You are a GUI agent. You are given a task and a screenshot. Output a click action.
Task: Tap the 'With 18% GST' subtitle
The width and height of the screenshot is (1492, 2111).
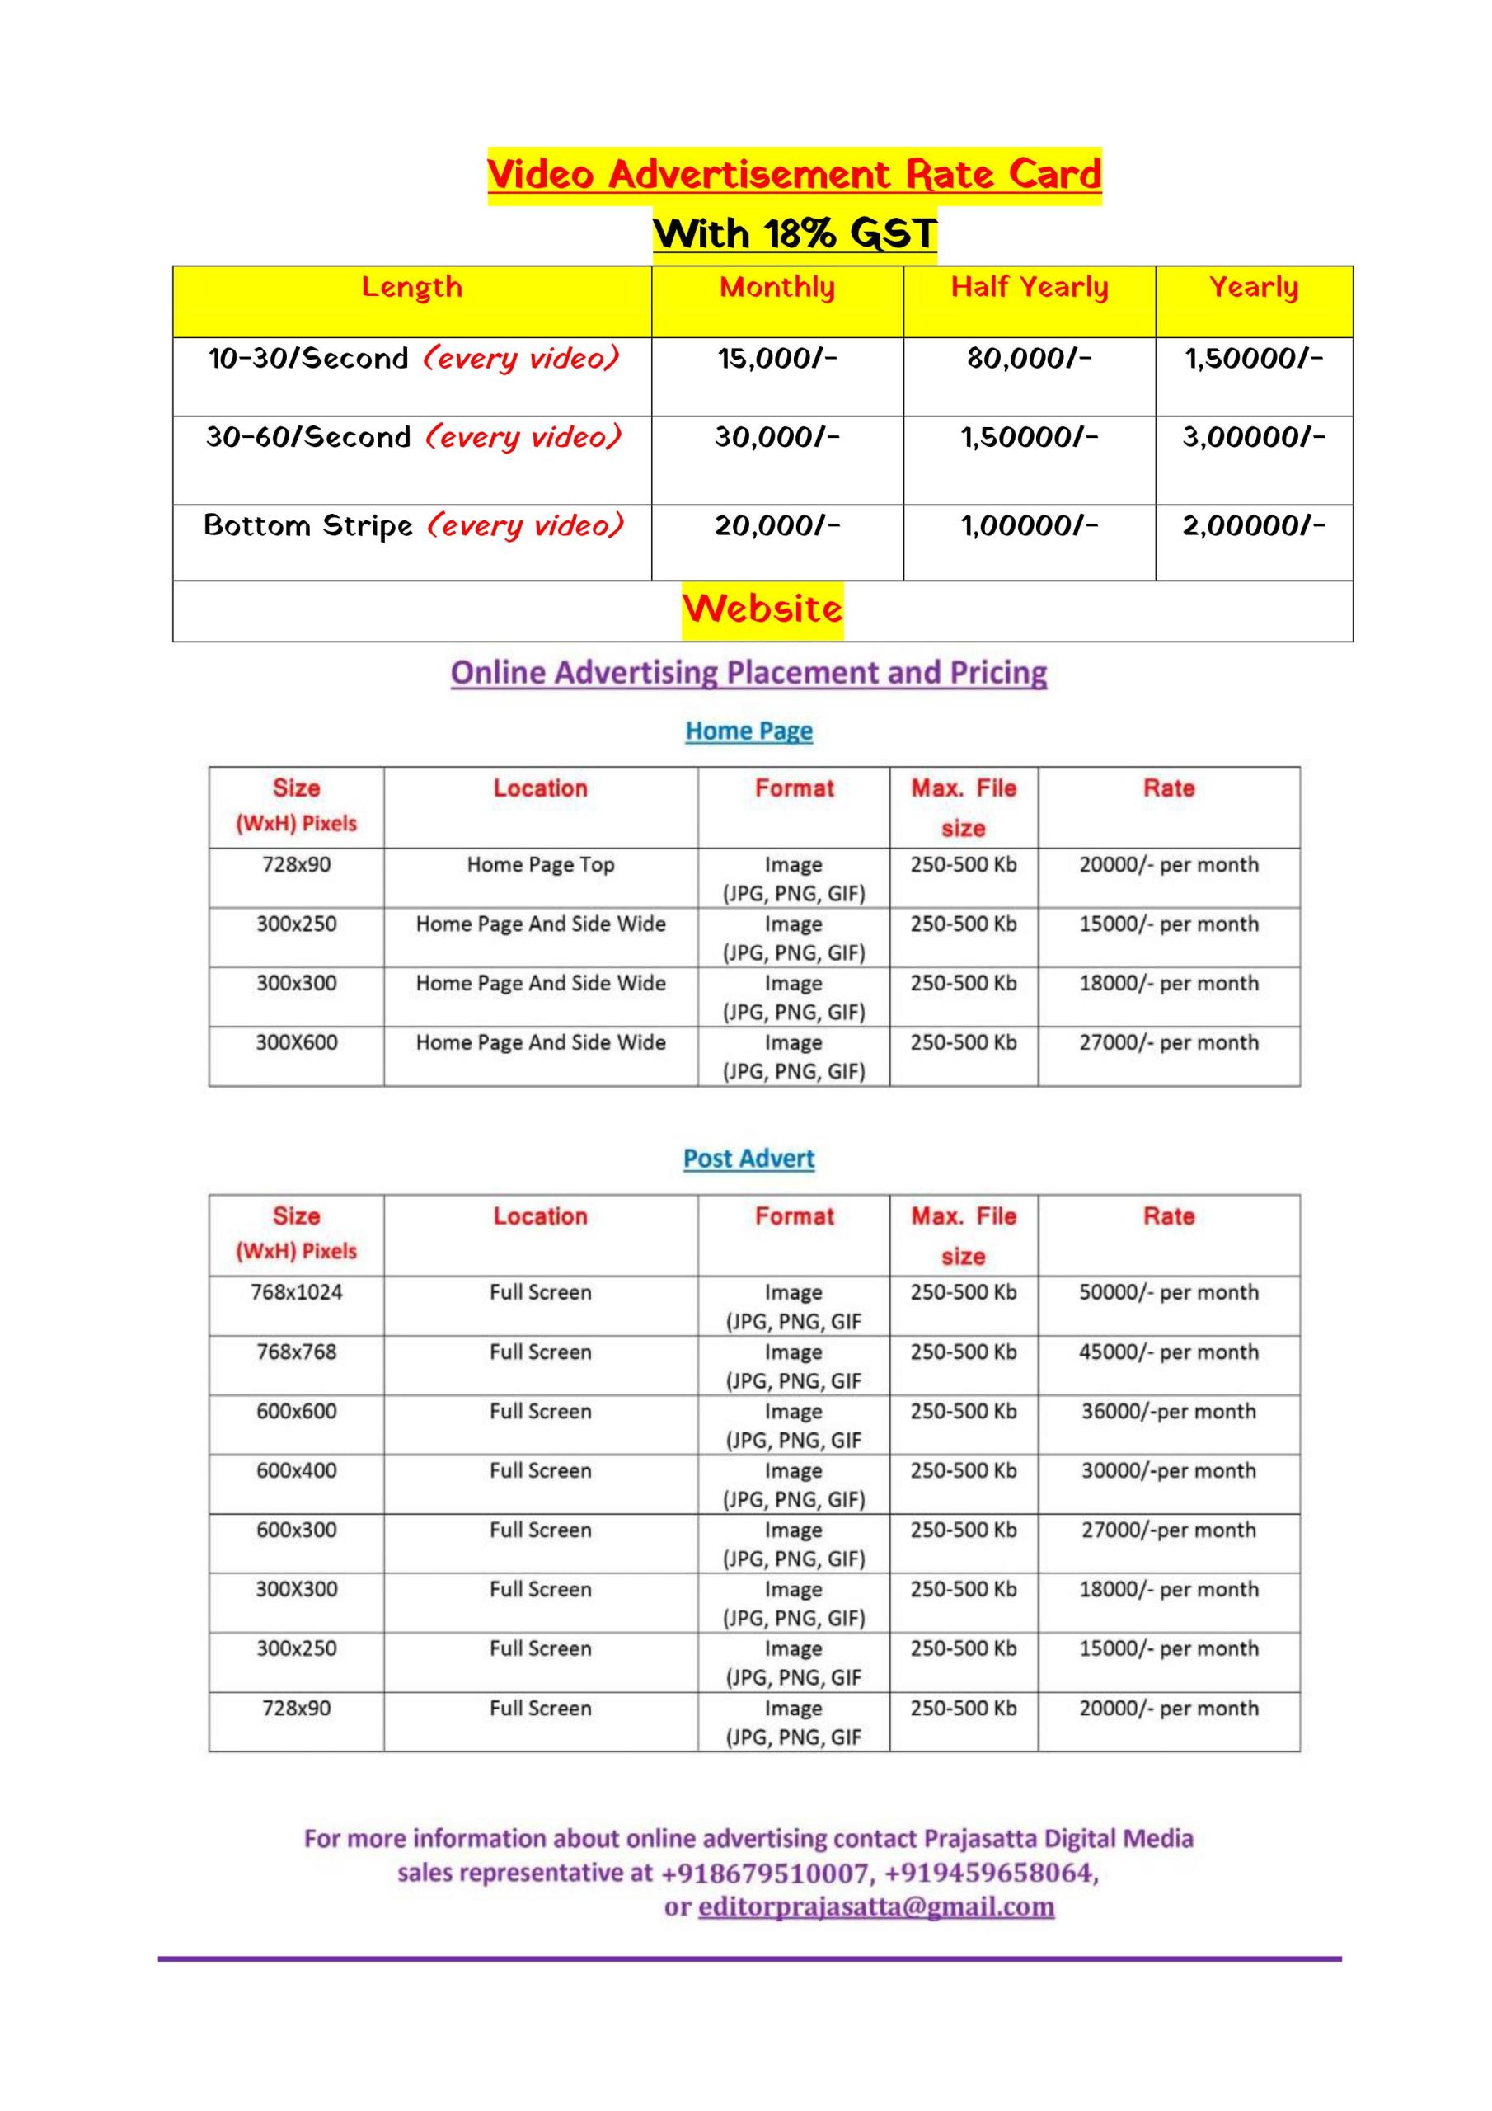pyautogui.click(x=795, y=233)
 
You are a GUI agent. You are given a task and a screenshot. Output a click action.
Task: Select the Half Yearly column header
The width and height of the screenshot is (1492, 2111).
pyautogui.click(x=1029, y=288)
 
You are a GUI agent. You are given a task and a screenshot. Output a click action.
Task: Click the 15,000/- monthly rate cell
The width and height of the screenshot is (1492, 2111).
pyautogui.click(x=776, y=359)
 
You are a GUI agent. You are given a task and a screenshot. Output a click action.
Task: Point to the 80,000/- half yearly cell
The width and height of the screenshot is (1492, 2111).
pyautogui.click(x=1029, y=359)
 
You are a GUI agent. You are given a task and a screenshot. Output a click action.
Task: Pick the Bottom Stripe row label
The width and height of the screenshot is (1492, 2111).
pyautogui.click(x=308, y=526)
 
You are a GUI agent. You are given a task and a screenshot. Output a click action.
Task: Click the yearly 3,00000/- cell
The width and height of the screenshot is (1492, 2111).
pyautogui.click(x=1253, y=438)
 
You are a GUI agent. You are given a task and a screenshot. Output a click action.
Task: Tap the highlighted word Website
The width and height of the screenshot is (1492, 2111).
pyautogui.click(x=762, y=609)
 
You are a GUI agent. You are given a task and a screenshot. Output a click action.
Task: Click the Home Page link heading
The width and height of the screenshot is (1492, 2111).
pyautogui.click(x=748, y=732)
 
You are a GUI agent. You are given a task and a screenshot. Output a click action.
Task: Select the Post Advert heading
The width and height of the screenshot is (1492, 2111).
pyautogui.click(x=748, y=1159)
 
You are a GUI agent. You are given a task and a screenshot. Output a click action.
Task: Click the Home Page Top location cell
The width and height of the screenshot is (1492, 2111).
pyautogui.click(x=541, y=865)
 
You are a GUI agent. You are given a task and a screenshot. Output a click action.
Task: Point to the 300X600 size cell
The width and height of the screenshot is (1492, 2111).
pyautogui.click(x=296, y=1042)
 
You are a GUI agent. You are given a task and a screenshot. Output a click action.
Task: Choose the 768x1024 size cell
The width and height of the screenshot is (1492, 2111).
pyautogui.click(x=296, y=1293)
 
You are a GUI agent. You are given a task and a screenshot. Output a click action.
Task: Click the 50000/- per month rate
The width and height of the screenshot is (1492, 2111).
pyautogui.click(x=1168, y=1293)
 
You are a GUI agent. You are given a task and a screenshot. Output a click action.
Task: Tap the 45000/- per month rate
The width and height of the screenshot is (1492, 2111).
pyautogui.click(x=1168, y=1352)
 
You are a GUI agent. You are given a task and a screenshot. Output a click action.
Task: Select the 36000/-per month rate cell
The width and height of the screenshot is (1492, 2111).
pyautogui.click(x=1168, y=1411)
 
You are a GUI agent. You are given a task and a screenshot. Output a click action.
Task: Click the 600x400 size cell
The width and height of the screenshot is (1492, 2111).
pyautogui.click(x=296, y=1471)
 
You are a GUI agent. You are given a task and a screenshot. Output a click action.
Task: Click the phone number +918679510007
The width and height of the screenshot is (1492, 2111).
pyautogui.click(x=765, y=1873)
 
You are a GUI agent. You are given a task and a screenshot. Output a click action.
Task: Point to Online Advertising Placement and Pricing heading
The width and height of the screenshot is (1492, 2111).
pyautogui.click(x=748, y=673)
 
